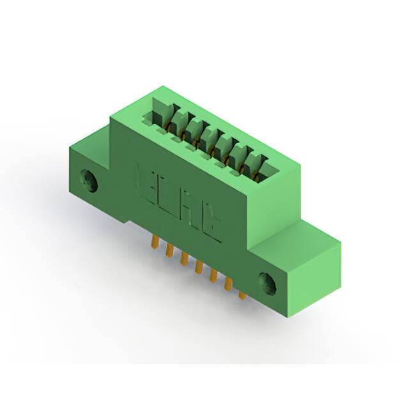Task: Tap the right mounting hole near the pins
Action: coord(268,283)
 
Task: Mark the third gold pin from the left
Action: coord(184,258)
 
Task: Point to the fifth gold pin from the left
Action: coord(213,275)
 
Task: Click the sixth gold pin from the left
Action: coord(228,284)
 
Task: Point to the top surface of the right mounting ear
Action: coord(300,236)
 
